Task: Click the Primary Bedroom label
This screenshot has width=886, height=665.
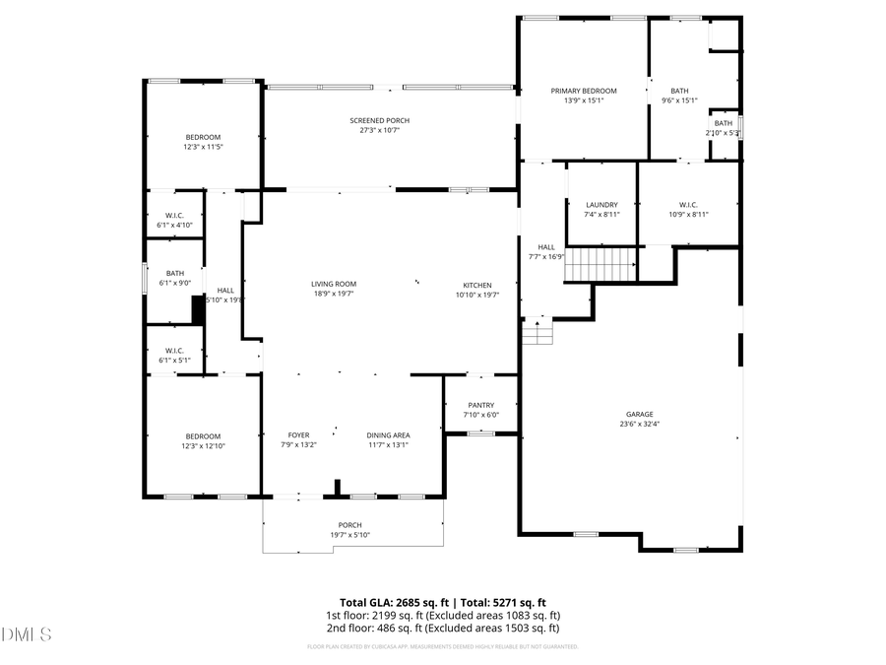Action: click(x=584, y=91)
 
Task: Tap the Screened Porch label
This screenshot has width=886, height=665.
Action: click(x=379, y=120)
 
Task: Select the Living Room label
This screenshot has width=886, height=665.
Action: click(x=334, y=285)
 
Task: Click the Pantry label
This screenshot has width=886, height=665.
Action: click(x=481, y=405)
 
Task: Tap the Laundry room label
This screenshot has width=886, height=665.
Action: click(x=601, y=205)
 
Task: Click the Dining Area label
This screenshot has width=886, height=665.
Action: click(x=388, y=434)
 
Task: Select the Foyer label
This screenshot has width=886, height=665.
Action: click(x=298, y=434)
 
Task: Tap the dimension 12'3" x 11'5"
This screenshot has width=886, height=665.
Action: click(x=203, y=147)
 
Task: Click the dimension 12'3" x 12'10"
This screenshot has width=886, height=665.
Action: click(x=203, y=446)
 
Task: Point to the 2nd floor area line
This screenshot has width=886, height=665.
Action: click(x=443, y=628)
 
